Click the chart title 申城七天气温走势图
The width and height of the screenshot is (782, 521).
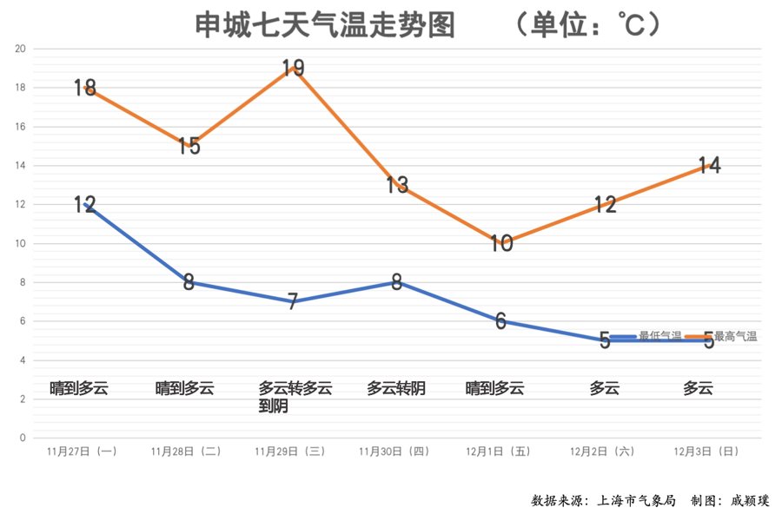click(324, 25)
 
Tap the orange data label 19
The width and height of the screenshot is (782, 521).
click(294, 68)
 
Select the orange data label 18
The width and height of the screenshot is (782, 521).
click(84, 88)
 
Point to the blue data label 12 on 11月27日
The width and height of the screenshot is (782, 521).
click(84, 205)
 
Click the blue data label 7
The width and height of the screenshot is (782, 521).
click(293, 302)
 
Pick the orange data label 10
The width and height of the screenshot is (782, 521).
click(501, 244)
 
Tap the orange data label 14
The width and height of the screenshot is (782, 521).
click(709, 165)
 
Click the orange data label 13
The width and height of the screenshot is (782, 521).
click(397, 185)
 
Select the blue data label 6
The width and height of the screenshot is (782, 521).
click(501, 321)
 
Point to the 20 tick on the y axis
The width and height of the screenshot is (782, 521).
click(21, 49)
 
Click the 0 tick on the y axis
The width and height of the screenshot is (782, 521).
click(23, 438)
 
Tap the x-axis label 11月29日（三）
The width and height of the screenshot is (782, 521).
click(293, 452)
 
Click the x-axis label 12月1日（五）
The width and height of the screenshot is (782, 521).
click(501, 452)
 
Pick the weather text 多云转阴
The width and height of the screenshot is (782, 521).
click(396, 388)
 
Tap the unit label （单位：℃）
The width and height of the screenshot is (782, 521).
click(588, 25)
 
